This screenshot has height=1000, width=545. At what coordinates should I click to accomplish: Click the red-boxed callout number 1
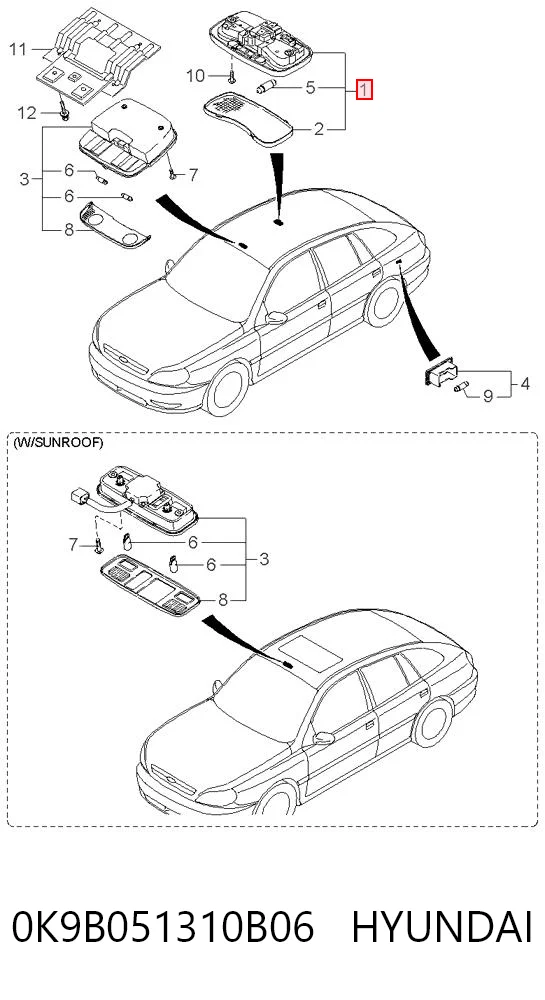[363, 89]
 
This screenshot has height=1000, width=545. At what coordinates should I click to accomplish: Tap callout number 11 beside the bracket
[18, 48]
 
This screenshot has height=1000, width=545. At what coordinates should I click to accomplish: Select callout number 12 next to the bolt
[27, 113]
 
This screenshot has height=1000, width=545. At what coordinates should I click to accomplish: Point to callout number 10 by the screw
[196, 76]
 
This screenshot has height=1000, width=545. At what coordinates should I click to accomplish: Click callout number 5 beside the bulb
[310, 87]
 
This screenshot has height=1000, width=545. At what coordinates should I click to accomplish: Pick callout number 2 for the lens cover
[319, 130]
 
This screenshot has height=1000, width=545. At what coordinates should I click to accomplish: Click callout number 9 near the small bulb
[488, 396]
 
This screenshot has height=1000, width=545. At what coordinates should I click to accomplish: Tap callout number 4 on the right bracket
[525, 384]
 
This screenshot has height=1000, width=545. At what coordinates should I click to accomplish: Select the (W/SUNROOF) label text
[58, 443]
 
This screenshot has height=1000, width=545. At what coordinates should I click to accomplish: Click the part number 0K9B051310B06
[163, 926]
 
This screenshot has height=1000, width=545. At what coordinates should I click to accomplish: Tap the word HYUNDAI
[442, 926]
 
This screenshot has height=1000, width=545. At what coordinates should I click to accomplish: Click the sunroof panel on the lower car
[312, 652]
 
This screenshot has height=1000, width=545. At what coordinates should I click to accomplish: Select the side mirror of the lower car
[324, 739]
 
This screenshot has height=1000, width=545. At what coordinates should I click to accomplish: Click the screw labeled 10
[232, 77]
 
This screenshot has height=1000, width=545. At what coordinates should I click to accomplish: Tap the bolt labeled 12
[64, 112]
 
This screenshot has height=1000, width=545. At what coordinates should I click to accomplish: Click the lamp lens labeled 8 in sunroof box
[150, 584]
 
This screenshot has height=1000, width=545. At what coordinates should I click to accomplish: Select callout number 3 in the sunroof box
[265, 559]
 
